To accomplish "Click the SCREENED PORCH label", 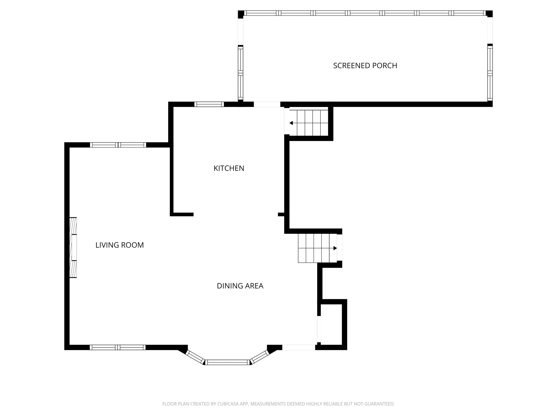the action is (x=365, y=65).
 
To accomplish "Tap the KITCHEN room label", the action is (x=229, y=168).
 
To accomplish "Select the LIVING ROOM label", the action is (x=120, y=245).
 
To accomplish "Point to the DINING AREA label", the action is (x=240, y=286).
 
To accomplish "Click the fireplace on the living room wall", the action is (x=73, y=247).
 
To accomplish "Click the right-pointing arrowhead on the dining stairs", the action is (x=335, y=248).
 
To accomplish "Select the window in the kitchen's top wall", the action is (x=209, y=104).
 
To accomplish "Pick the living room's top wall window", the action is (x=118, y=145).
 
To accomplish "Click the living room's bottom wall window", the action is (x=118, y=347).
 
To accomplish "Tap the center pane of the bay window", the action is (x=227, y=362).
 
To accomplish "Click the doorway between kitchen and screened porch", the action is (x=267, y=104).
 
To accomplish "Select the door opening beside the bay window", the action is (x=299, y=347).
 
